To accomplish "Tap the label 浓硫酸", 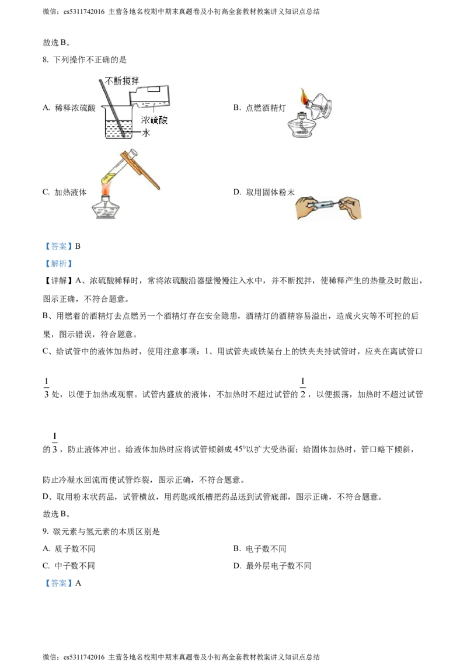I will [x=154, y=120].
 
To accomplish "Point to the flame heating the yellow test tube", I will [x=105, y=190].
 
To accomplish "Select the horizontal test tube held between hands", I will [x=325, y=204].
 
